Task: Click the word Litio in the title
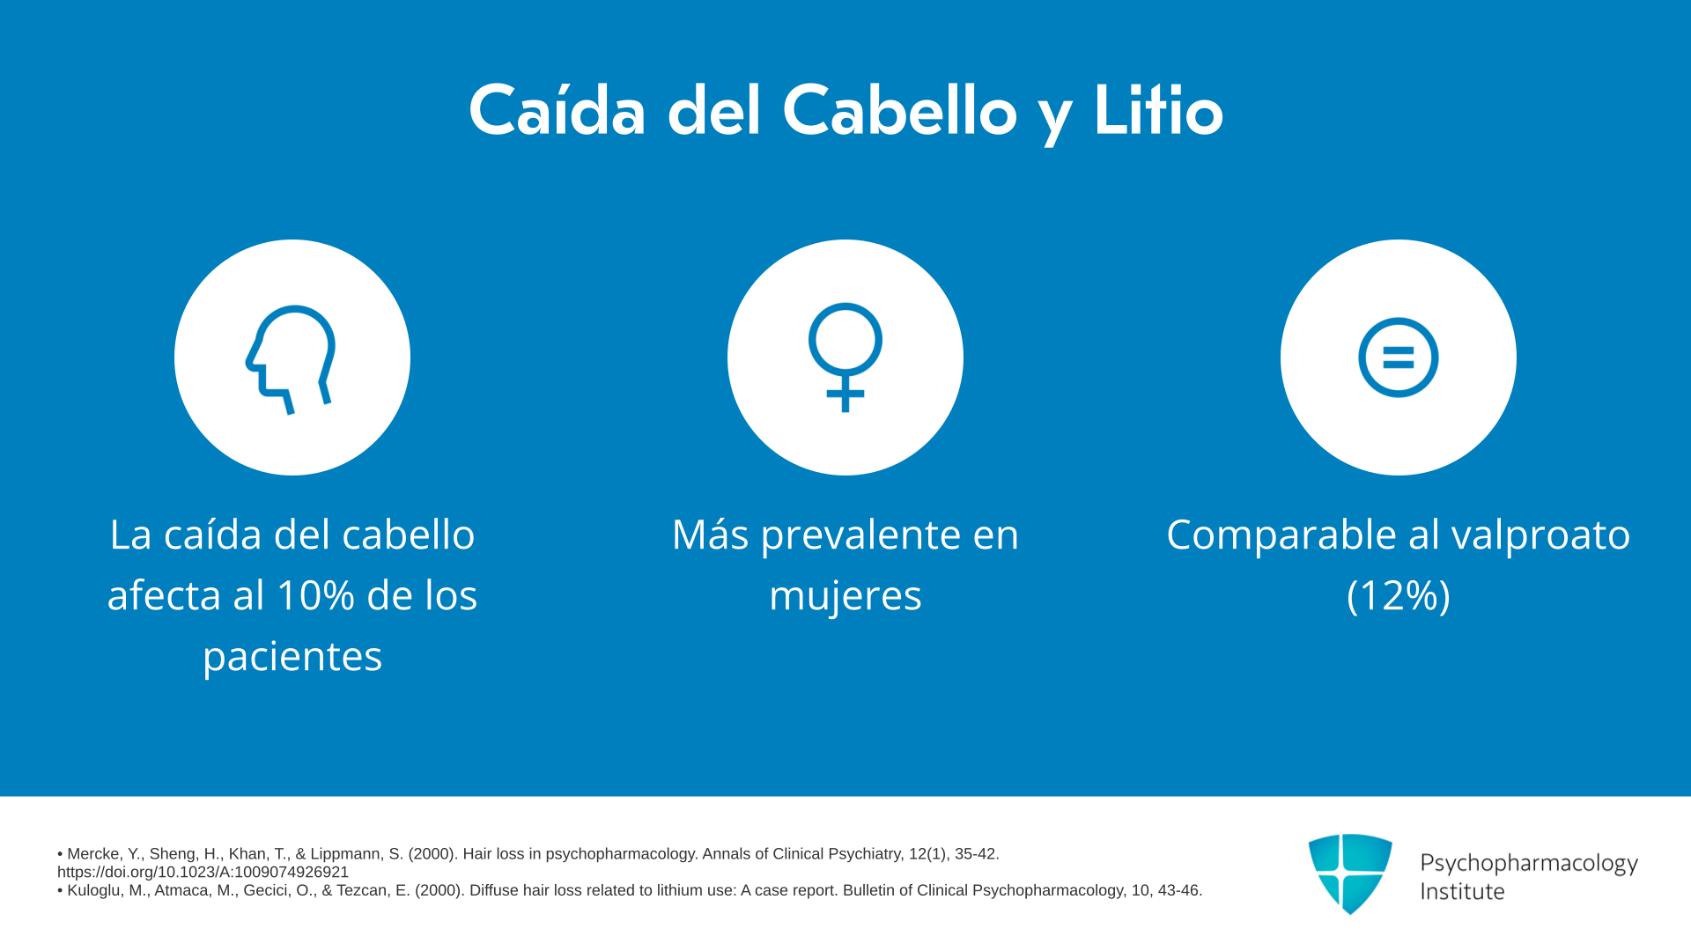(1158, 111)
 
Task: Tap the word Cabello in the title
(899, 111)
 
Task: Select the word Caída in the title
(558, 111)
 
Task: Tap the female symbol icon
(845, 357)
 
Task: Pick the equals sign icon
(1399, 358)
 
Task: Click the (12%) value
(1399, 596)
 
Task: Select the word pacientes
(292, 658)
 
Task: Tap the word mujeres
(845, 597)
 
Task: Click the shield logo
(1350, 874)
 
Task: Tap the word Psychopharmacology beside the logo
(1529, 864)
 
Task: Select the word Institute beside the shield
(1462, 891)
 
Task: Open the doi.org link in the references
(203, 873)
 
